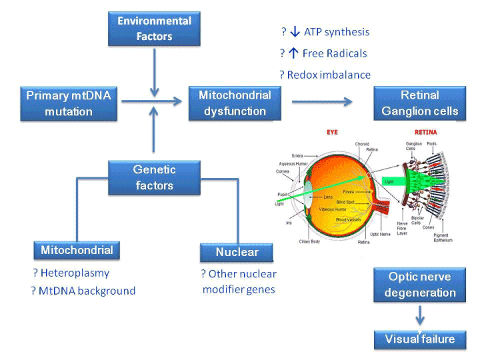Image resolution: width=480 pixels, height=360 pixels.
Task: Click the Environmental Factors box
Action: click(154, 28)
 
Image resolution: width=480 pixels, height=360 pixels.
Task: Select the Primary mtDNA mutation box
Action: click(69, 103)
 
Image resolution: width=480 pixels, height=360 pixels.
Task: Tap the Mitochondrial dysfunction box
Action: click(235, 103)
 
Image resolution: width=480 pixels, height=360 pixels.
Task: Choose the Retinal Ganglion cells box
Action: click(420, 103)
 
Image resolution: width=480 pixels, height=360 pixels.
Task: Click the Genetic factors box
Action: click(154, 178)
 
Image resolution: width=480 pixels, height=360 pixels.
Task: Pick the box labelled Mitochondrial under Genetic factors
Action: click(77, 251)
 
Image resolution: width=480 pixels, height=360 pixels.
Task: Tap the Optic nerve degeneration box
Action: click(420, 285)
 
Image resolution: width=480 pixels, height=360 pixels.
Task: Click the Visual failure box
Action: click(420, 339)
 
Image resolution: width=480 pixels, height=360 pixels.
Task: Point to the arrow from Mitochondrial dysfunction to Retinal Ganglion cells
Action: click(322, 102)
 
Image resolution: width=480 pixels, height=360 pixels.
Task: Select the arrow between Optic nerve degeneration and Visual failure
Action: click(420, 315)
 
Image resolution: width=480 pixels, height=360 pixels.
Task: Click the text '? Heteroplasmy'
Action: click(71, 273)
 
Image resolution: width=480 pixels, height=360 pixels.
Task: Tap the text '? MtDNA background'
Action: click(84, 291)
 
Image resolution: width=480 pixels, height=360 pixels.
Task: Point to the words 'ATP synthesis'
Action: click(337, 31)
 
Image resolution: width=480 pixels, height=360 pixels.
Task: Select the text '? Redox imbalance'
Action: click(326, 75)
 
